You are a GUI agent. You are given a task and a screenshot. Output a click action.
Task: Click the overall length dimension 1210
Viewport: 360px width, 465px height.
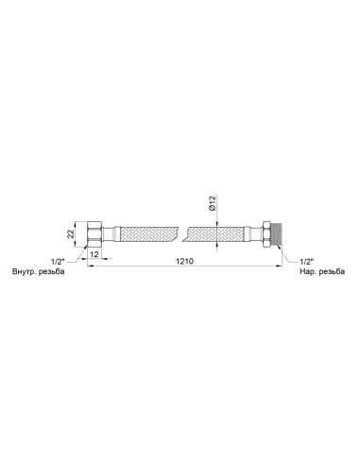pyautogui.click(x=185, y=261)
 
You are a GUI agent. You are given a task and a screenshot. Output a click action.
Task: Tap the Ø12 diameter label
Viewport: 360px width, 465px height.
pyautogui.click(x=213, y=203)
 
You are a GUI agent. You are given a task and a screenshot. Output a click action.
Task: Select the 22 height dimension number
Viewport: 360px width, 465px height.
pyautogui.click(x=71, y=233)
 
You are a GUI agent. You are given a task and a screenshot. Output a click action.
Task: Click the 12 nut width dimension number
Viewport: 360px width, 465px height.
pyautogui.click(x=94, y=254)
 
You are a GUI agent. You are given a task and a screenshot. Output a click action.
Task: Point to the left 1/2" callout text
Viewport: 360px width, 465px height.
pyautogui.click(x=58, y=262)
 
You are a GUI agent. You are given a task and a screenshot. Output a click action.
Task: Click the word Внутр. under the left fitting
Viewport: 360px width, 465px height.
pyautogui.click(x=24, y=271)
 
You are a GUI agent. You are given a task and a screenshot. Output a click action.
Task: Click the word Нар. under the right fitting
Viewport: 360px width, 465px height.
pyautogui.click(x=308, y=271)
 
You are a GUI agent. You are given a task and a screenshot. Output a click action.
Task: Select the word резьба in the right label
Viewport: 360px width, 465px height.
pyautogui.click(x=332, y=271)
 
